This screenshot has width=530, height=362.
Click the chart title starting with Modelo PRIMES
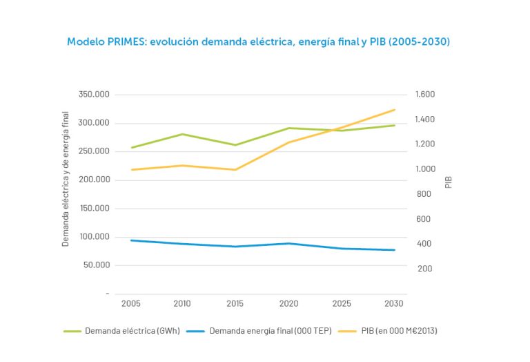click(258, 42)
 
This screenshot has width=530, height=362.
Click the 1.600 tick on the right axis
click(425, 95)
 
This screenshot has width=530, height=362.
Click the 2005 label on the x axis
click(130, 304)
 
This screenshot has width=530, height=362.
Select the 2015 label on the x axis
click(235, 304)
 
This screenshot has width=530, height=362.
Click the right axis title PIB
click(449, 182)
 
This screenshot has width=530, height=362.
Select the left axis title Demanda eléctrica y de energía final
click(66, 178)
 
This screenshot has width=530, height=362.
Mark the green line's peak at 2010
click(183, 134)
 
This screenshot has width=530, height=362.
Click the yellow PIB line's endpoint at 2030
click(395, 110)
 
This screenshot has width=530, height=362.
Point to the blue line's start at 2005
click(130, 240)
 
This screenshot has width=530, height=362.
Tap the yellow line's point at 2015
click(235, 170)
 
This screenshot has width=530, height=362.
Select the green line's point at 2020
click(289, 128)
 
